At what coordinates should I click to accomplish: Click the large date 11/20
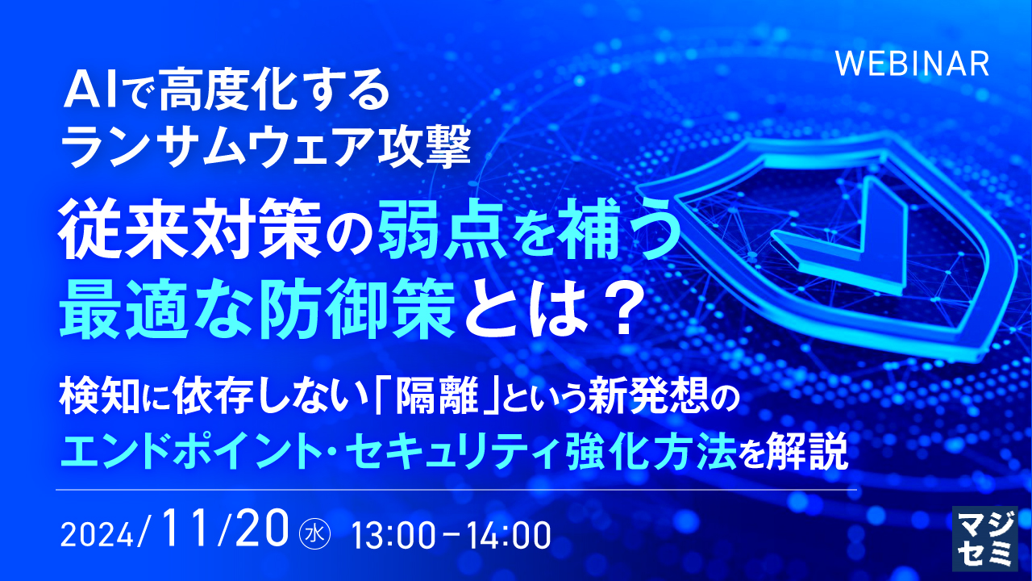227,530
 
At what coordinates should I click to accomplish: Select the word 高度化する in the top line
274,93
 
